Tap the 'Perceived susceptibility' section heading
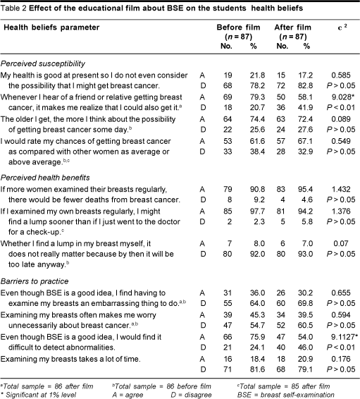(x=43, y=63)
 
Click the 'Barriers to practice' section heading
(x=35, y=281)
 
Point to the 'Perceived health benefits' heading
(x=45, y=178)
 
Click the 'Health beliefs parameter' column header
(x=51, y=27)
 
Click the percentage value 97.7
(x=257, y=211)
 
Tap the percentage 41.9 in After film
(x=305, y=108)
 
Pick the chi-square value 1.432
(x=341, y=190)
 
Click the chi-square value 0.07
(x=341, y=243)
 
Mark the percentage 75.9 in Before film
(x=257, y=337)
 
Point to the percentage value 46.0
(x=305, y=348)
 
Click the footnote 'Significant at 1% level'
(x=38, y=395)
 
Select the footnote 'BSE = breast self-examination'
(x=286, y=395)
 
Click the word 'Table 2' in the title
(x=13, y=8)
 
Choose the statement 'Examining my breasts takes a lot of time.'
(x=70, y=359)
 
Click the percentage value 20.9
(x=305, y=359)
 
